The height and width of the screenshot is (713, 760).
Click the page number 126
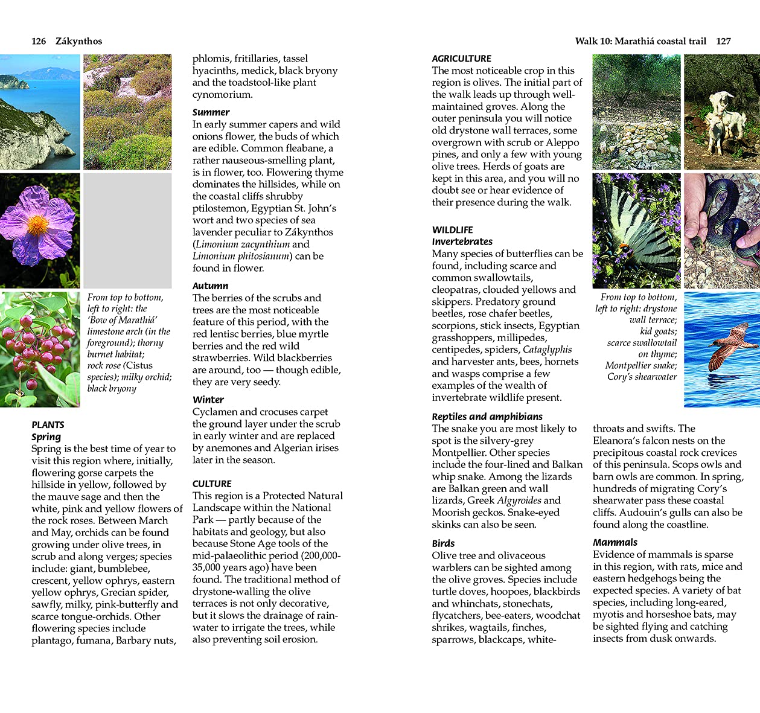click(39, 41)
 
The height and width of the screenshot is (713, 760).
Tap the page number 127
click(723, 41)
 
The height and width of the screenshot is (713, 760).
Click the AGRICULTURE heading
click(461, 59)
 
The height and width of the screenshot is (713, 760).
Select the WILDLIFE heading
click(452, 229)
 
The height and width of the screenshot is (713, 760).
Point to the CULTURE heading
click(212, 484)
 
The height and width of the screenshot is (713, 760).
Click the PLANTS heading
click(48, 424)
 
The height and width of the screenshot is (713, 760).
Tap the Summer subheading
click(211, 112)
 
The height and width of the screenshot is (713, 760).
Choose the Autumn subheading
click(210, 286)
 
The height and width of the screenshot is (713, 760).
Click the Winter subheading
click(208, 400)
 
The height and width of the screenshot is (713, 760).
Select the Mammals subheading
click(615, 542)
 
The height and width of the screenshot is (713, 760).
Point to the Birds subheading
click(443, 543)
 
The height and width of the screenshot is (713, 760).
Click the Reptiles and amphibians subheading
click(487, 417)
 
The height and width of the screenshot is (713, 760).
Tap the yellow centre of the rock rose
click(37, 226)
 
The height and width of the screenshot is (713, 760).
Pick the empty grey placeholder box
click(127, 230)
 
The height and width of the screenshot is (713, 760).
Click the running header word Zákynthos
click(78, 41)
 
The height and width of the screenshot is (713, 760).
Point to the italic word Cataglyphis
click(547, 350)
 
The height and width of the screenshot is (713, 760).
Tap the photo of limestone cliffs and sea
click(40, 112)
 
